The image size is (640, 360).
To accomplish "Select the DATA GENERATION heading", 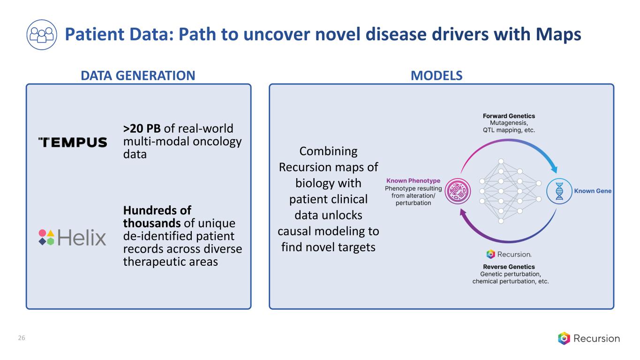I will click(138, 75).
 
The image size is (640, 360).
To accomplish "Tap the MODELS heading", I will click(437, 75).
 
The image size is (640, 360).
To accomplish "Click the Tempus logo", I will click(72, 142).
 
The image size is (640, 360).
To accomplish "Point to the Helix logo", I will click(72, 237).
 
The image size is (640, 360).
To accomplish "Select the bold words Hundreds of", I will click(157, 210).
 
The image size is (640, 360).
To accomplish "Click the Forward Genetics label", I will click(509, 116).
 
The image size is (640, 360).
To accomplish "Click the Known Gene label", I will click(593, 191).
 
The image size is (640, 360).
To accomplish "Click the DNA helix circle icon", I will click(559, 191).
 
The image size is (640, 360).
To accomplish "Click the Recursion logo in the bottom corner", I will click(588, 338).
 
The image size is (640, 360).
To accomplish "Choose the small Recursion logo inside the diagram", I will click(509, 254).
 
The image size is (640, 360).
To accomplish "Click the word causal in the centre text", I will click(299, 231).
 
